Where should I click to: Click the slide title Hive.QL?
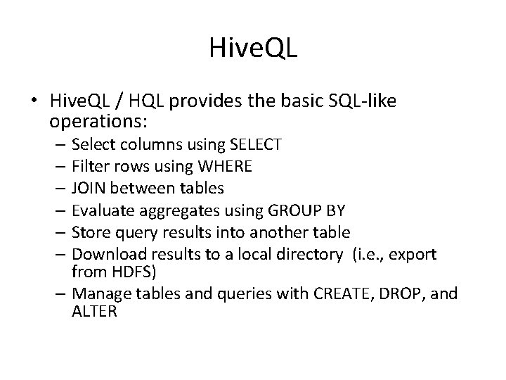(x=252, y=49)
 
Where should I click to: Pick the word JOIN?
(x=87, y=188)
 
